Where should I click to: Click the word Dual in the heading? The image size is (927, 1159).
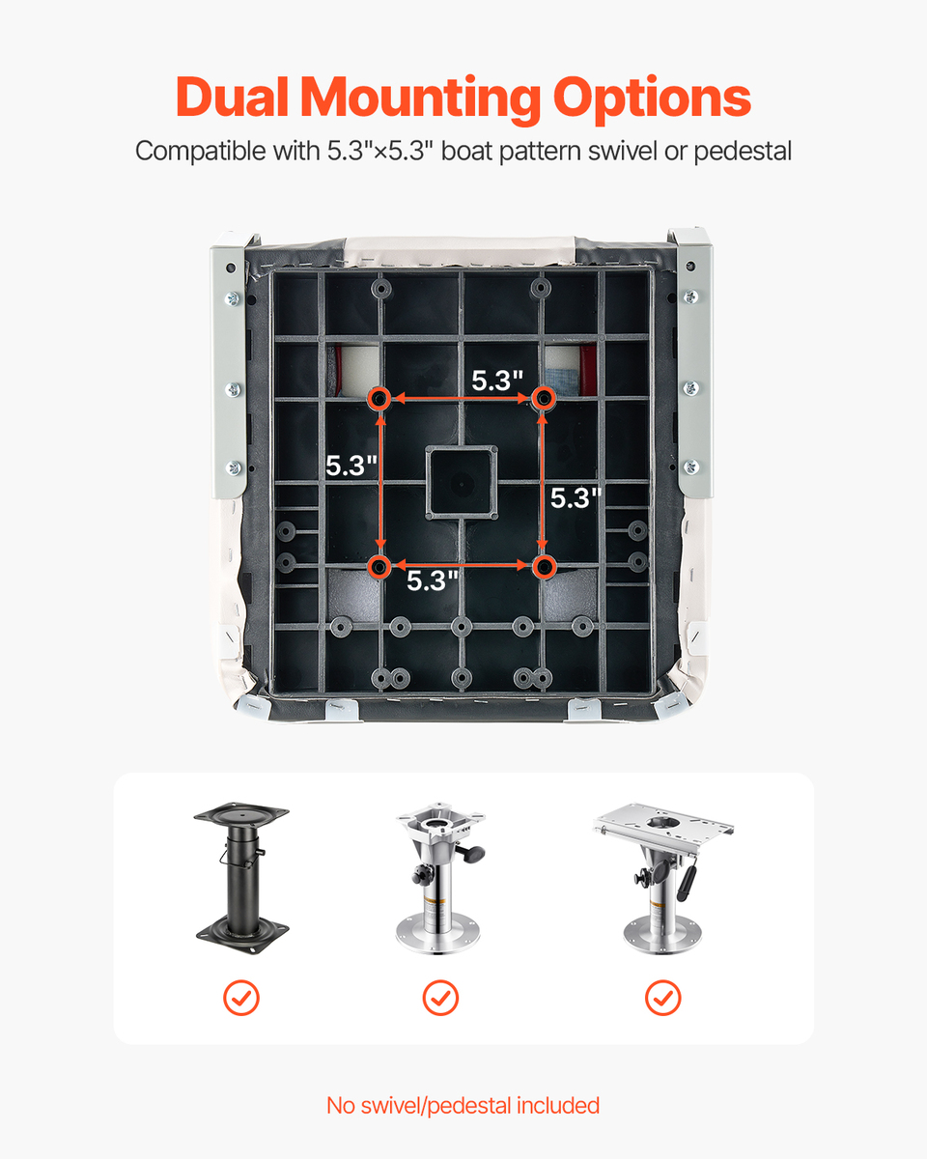[232, 97]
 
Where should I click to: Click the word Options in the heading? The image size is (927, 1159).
[652, 100]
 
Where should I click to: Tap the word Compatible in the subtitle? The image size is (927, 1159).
[201, 152]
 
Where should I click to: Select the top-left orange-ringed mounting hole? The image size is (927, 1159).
[379, 399]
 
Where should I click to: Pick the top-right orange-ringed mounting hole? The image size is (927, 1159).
[544, 399]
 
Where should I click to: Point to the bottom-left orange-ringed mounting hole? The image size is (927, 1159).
[379, 566]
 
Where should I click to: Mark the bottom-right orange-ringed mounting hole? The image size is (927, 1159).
[544, 566]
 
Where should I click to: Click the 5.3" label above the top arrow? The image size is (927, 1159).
[497, 381]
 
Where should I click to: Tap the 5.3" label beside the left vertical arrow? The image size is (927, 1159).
[351, 466]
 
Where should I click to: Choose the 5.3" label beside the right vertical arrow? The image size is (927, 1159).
[576, 497]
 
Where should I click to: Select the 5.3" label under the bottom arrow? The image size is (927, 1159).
[433, 580]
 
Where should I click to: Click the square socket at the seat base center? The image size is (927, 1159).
[462, 483]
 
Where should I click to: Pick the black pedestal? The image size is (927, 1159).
[241, 878]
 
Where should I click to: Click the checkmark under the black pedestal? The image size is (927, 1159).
[241, 998]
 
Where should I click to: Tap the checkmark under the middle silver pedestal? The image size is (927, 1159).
[440, 998]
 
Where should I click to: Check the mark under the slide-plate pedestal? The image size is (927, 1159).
[663, 998]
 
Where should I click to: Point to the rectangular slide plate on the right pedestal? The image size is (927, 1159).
[663, 828]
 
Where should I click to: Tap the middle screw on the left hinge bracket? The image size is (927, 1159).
[233, 389]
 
